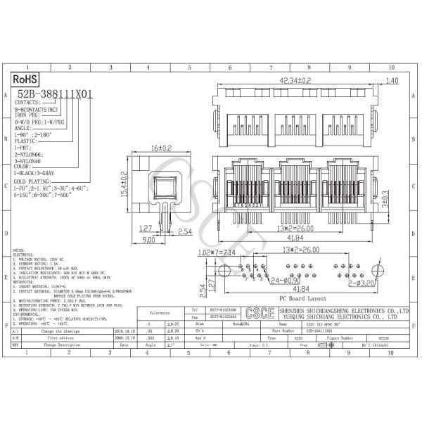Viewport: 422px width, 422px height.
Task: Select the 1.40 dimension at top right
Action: click(392, 80)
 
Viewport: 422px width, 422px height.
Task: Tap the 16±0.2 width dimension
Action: click(161, 148)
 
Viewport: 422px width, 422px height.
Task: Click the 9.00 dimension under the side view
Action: click(148, 239)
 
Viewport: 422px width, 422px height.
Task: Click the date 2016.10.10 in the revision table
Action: click(124, 328)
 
